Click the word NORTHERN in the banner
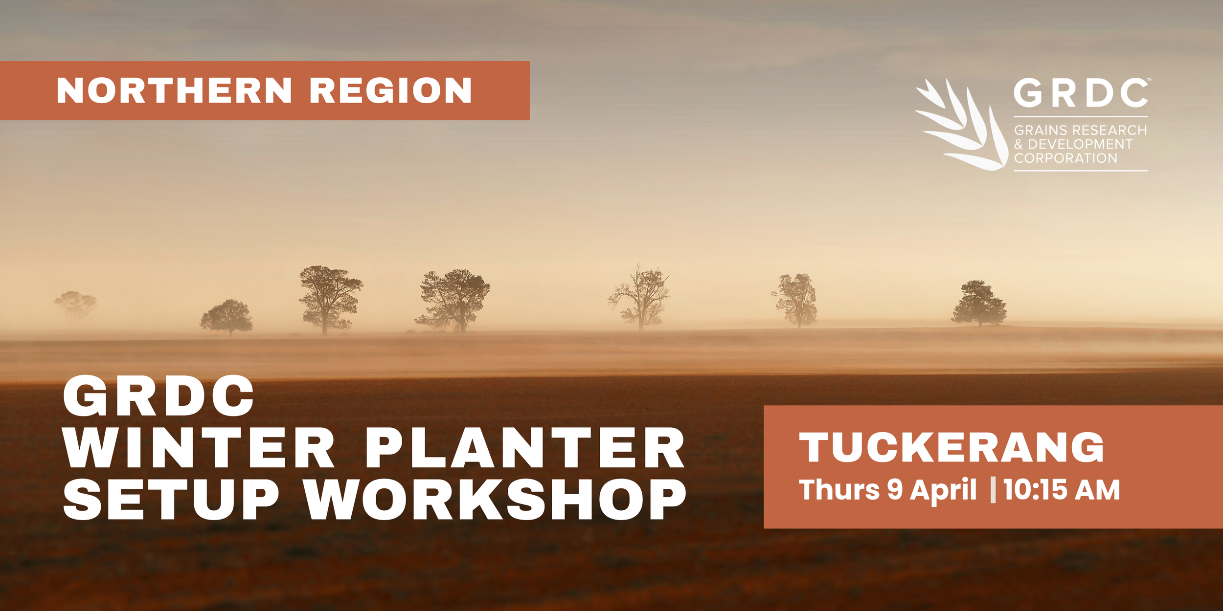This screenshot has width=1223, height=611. [174, 91]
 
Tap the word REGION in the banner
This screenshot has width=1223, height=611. [390, 91]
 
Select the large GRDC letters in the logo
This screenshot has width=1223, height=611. [1081, 93]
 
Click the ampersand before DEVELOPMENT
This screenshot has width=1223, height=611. [1019, 145]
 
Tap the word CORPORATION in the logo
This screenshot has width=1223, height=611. [1065, 158]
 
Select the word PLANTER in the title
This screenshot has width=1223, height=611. [525, 448]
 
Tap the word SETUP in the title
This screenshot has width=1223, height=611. [171, 500]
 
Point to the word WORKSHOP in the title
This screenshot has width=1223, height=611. [495, 500]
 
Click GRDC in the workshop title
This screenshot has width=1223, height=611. [159, 396]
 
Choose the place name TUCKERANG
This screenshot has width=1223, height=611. [951, 447]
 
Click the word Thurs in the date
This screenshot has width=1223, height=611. [839, 490]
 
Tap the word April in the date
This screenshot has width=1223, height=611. [943, 490]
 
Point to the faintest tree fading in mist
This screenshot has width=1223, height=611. [76, 305]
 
